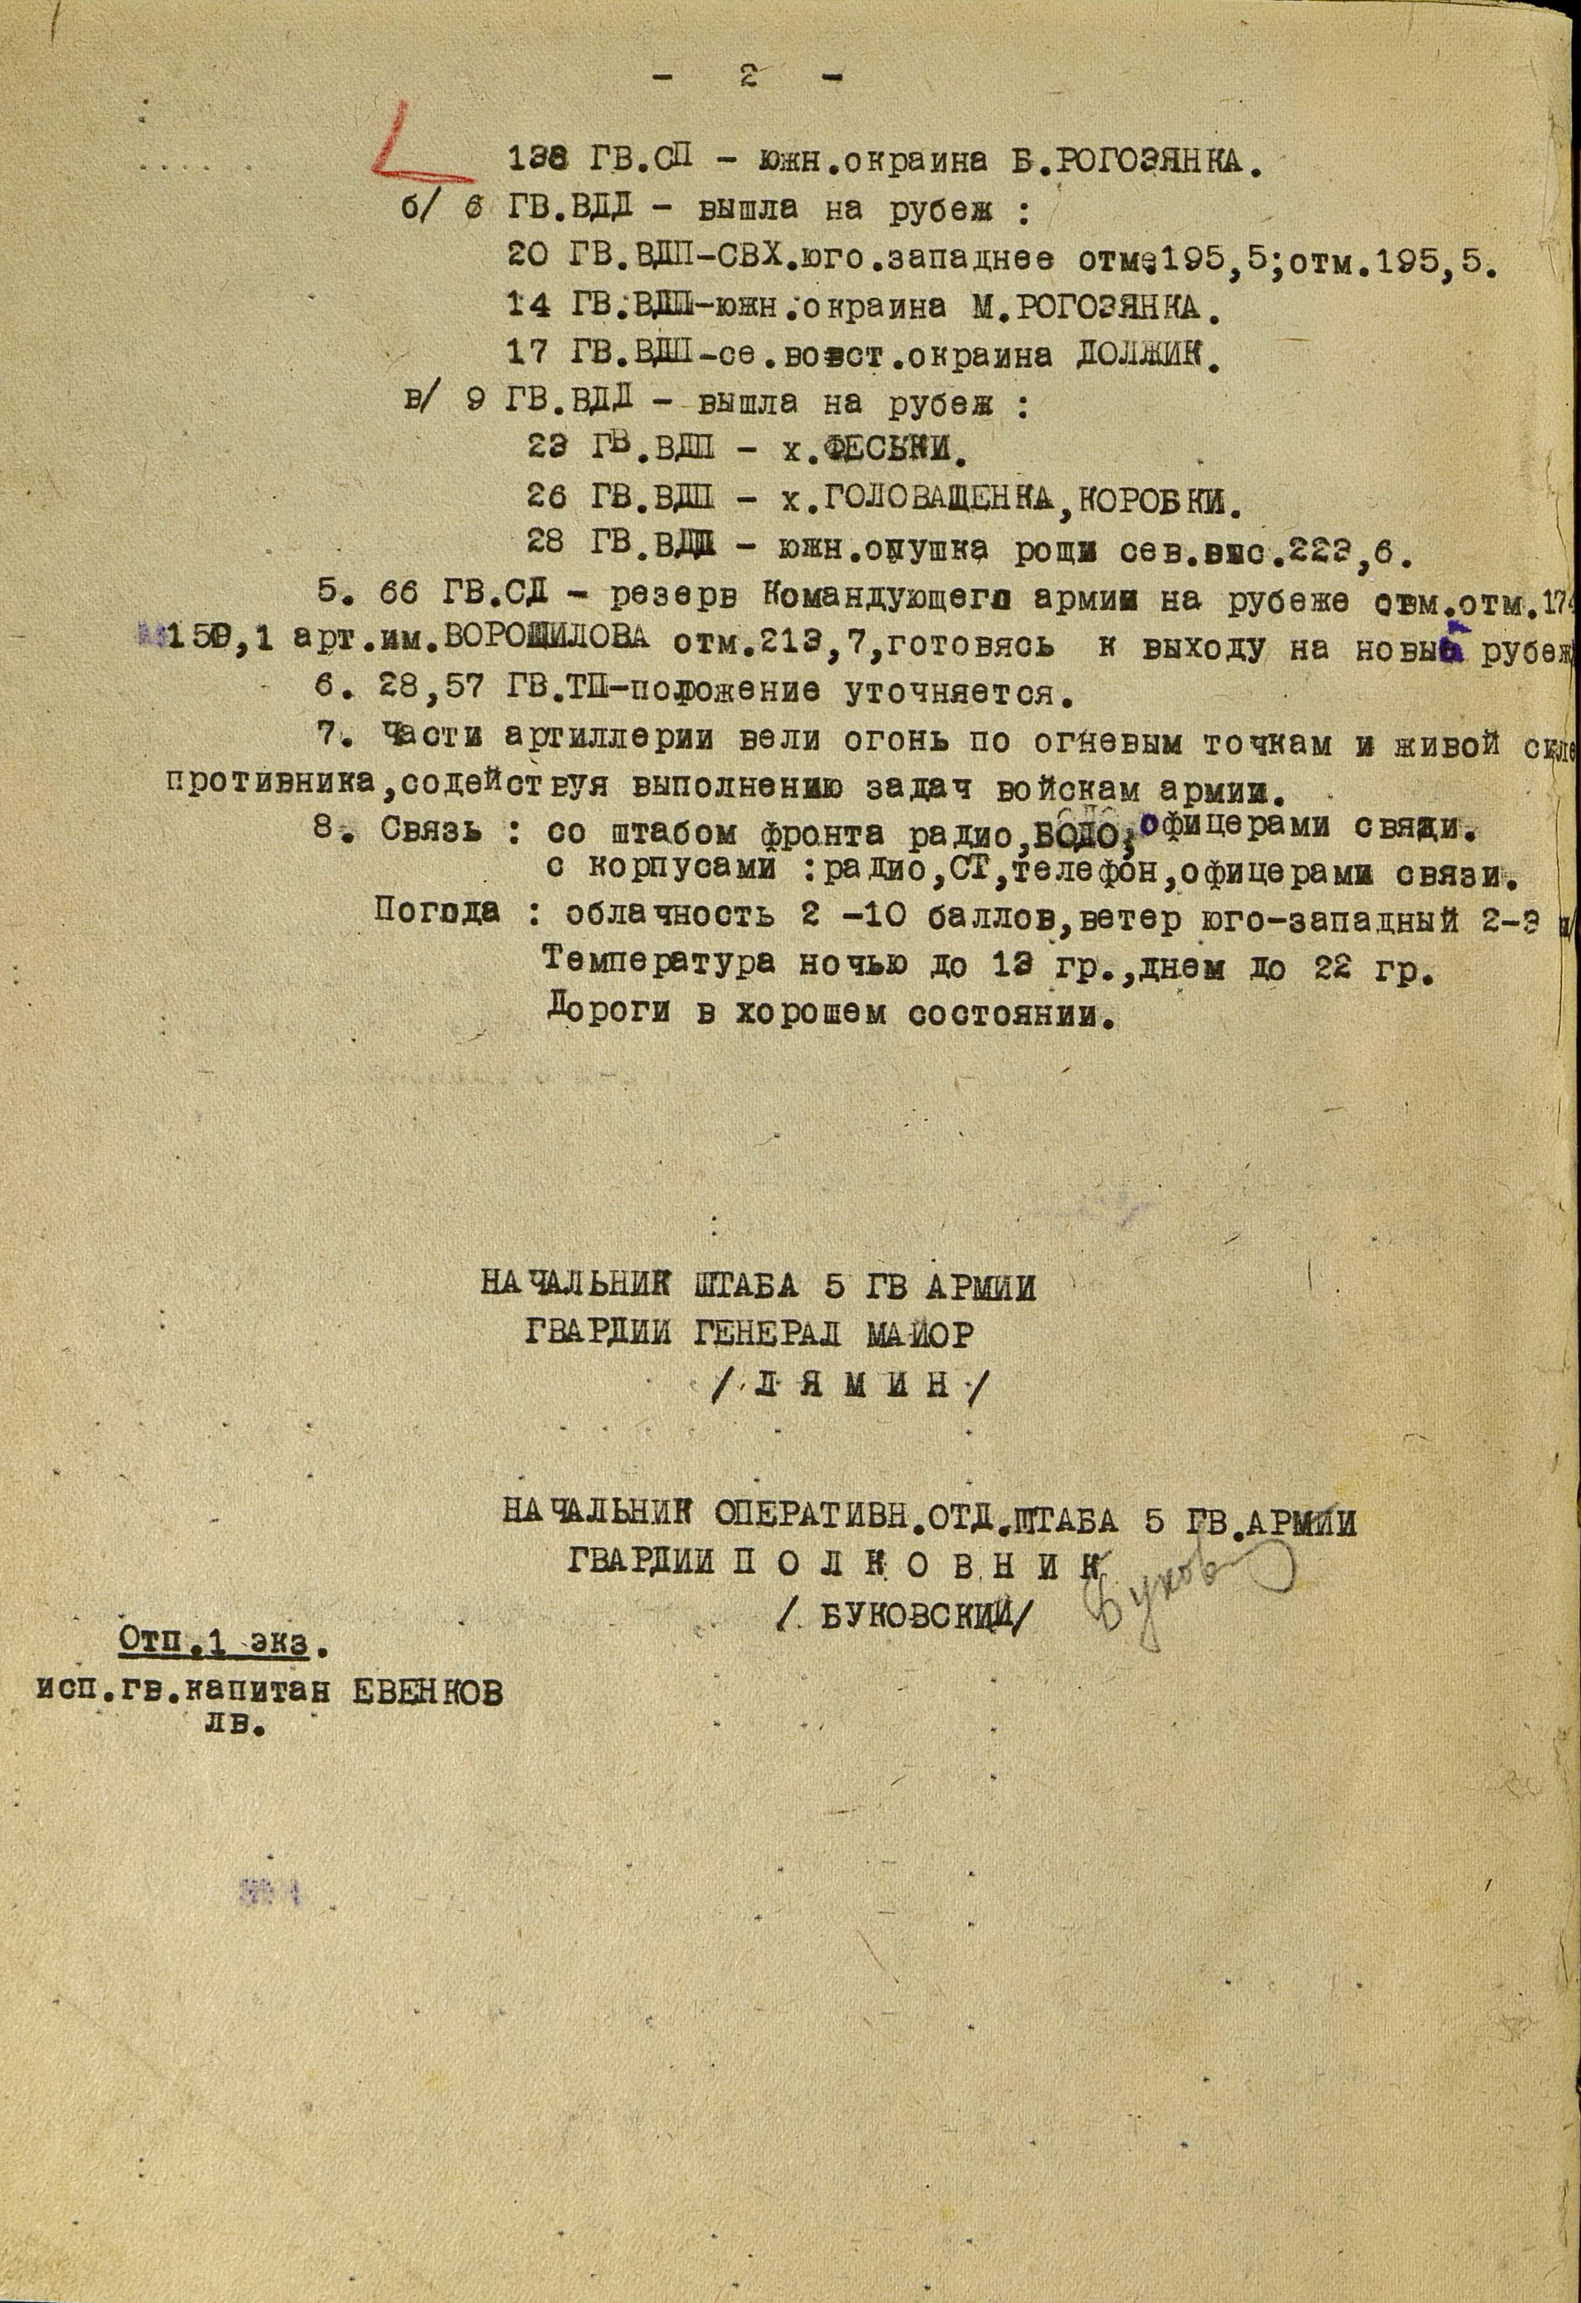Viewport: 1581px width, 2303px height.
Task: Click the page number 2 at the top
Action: coord(748,76)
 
